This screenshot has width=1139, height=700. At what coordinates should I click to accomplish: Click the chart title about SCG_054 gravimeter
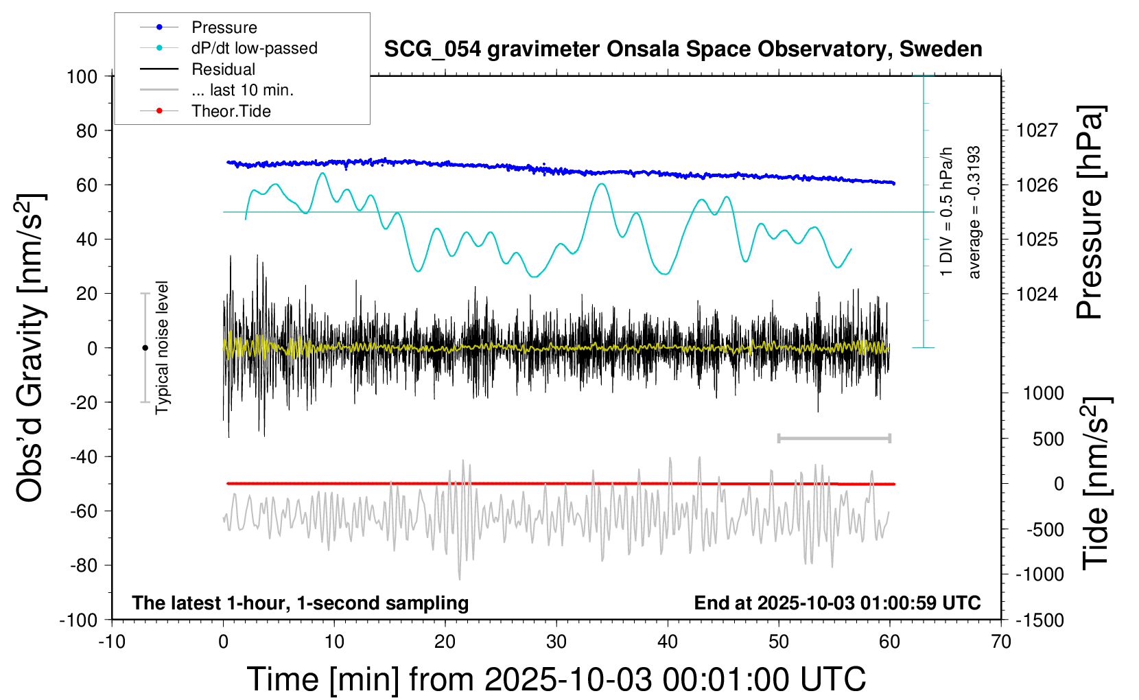(x=683, y=49)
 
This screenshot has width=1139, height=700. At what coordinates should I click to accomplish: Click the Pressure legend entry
(x=224, y=27)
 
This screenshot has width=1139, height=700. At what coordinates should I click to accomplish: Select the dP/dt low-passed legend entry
(x=254, y=48)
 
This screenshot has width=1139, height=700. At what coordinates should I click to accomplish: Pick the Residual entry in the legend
(x=223, y=69)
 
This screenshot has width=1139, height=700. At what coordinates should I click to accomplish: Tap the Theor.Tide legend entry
(x=231, y=111)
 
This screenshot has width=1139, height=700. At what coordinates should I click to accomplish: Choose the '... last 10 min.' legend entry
(x=242, y=90)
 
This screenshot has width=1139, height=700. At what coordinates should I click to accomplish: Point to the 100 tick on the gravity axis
(x=82, y=76)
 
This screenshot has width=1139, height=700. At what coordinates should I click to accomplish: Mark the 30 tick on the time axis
(x=556, y=642)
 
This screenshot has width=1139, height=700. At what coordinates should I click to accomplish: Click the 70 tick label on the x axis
(x=1001, y=642)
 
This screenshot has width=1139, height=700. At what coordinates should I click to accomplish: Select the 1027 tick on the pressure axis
(x=1037, y=130)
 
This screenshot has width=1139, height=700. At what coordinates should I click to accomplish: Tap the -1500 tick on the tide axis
(x=1040, y=620)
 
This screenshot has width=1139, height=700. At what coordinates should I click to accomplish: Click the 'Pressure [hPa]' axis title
(x=1090, y=213)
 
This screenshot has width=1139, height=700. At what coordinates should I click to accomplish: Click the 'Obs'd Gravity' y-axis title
(x=31, y=348)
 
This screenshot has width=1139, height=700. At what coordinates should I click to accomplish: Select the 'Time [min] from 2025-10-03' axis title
(x=556, y=679)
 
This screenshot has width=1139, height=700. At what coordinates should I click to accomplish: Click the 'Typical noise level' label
(x=162, y=348)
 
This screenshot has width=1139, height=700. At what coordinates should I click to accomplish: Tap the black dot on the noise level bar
(x=145, y=348)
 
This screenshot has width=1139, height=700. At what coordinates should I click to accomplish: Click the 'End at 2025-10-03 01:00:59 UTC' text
(x=837, y=603)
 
